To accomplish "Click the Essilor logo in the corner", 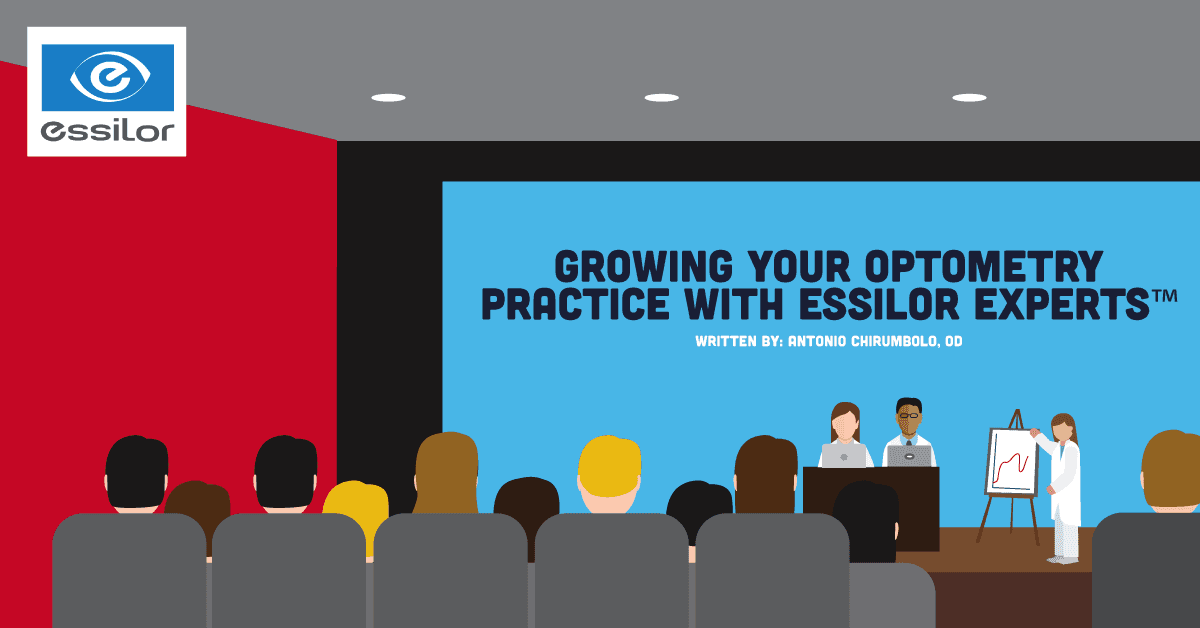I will [x=107, y=91].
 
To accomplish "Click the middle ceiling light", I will [x=661, y=98].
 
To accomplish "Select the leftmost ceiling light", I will [x=388, y=98].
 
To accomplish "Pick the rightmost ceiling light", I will [x=968, y=98].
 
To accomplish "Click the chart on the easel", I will [x=1012, y=461].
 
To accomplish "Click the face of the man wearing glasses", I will [x=909, y=417].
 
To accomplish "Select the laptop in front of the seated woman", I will [x=844, y=456].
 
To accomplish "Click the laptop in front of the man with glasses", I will [x=910, y=456].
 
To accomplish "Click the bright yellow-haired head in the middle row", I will [x=609, y=468].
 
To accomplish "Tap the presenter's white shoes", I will [x=1063, y=557].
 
